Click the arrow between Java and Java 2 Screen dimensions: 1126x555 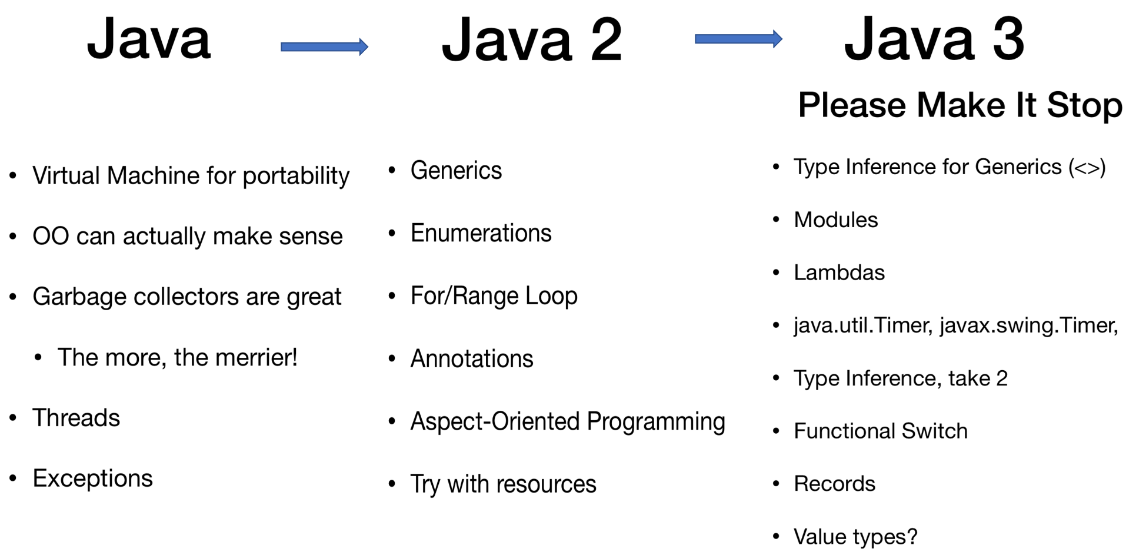(324, 46)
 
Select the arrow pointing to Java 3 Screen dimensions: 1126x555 (738, 39)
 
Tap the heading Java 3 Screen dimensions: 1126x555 (934, 39)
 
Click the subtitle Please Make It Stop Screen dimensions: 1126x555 (960, 105)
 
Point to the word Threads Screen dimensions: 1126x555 (76, 418)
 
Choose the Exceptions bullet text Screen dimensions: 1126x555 (92, 478)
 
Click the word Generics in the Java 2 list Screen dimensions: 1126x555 (456, 171)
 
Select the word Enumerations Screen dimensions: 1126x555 (481, 233)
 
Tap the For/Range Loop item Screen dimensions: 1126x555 (494, 296)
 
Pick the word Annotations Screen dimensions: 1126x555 (471, 358)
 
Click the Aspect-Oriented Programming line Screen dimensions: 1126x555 (568, 421)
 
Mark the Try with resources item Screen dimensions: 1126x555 (503, 484)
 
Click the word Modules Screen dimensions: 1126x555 (835, 220)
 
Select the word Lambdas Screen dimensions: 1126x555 (839, 272)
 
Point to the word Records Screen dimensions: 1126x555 (834, 484)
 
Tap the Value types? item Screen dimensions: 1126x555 (855, 537)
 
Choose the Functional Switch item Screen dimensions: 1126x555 (880, 431)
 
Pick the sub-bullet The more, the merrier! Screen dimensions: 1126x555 (177, 358)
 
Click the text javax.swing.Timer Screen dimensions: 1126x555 (1028, 325)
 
